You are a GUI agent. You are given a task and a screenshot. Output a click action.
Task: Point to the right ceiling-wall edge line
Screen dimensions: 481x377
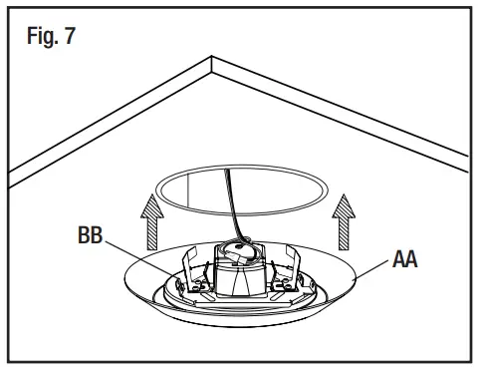(339, 111)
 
